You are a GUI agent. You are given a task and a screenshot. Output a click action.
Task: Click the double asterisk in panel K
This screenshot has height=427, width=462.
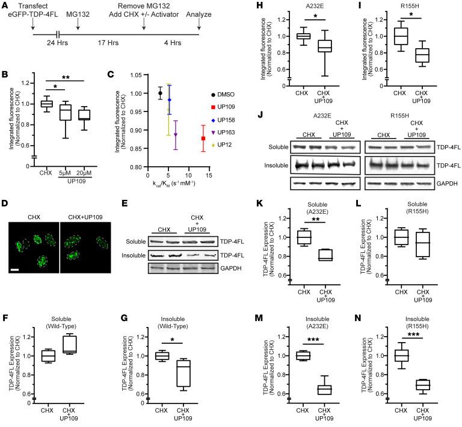[311, 222]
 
